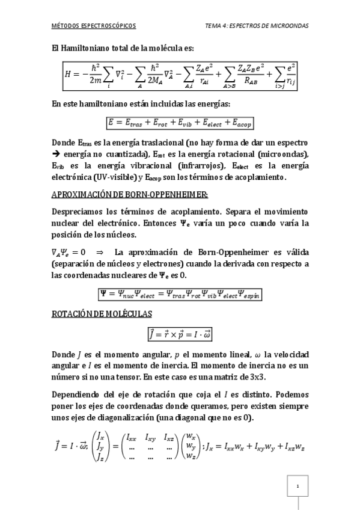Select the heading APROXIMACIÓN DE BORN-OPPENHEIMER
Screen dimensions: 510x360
pos(130,194)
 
